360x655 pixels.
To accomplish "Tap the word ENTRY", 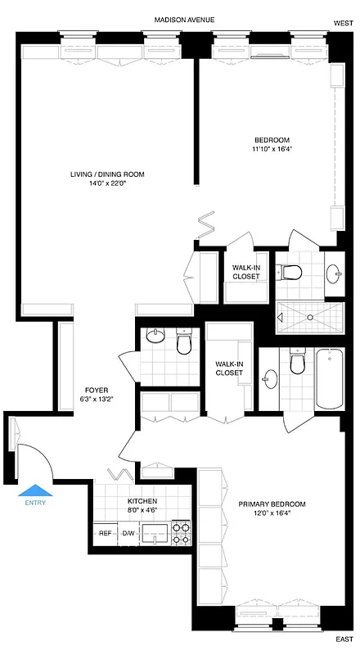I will tap(35, 503).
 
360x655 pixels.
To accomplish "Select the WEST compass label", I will tap(344, 25).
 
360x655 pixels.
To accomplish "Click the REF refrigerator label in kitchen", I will tap(106, 533).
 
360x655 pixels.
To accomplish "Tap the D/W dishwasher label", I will tap(128, 533).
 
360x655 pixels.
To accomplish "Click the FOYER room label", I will tap(97, 390).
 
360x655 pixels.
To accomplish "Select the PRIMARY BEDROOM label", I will tap(272, 504).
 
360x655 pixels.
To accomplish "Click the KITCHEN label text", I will tap(142, 501).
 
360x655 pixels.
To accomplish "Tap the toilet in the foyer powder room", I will tap(184, 342).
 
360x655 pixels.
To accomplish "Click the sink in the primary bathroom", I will tap(270, 378).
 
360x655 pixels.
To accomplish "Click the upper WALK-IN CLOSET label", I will tap(245, 272).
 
